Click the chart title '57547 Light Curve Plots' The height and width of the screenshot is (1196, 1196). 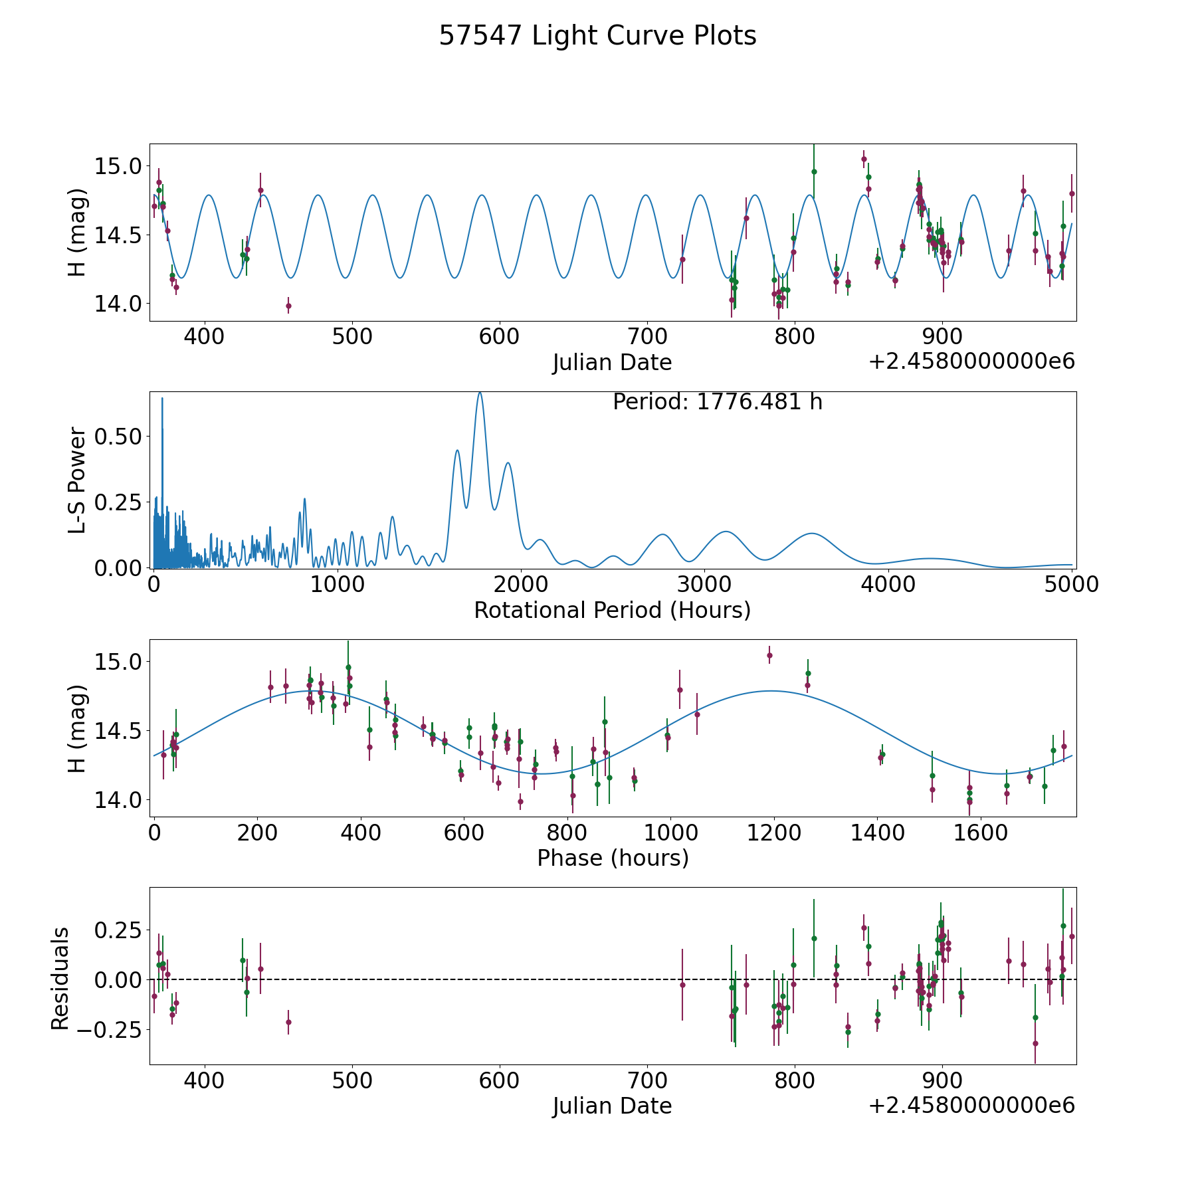[597, 36]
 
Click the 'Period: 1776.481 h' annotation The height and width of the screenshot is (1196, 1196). [717, 402]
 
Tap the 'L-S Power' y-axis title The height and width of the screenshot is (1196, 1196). [78, 480]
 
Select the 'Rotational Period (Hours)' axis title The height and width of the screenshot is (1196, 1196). [612, 610]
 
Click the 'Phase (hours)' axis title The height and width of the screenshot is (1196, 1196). [612, 858]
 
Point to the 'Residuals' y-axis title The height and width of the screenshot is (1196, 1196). [60, 978]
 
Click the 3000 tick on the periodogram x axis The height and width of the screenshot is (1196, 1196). [705, 585]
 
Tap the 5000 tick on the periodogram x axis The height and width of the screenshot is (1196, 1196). [1072, 585]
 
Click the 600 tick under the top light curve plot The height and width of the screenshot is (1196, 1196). [499, 337]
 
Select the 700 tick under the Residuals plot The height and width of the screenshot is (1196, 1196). [647, 1080]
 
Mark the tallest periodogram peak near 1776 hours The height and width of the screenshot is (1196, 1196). [480, 393]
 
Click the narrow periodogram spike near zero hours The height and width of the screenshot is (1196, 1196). [162, 399]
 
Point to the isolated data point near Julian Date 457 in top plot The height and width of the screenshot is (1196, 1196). [288, 306]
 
